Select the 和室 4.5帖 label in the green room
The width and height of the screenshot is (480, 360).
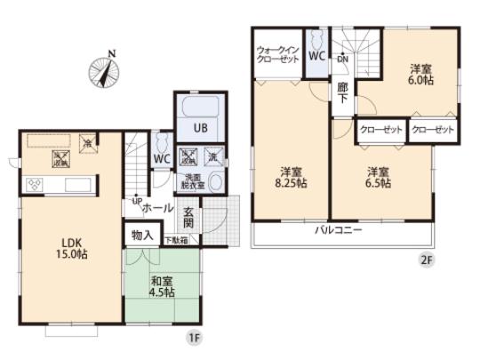[x=163, y=287]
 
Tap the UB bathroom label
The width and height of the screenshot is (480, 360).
[x=202, y=128]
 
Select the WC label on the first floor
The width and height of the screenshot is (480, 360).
[x=161, y=160]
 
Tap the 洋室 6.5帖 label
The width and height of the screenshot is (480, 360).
[x=380, y=178]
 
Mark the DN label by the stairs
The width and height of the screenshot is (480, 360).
[x=343, y=60]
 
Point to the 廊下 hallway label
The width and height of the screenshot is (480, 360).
[x=342, y=93]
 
